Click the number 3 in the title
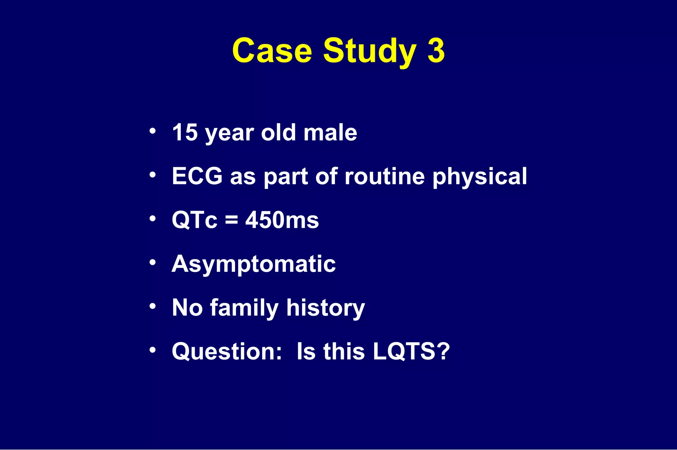pyautogui.click(x=436, y=50)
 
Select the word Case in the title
pyautogui.click(x=272, y=51)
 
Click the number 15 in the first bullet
pyautogui.click(x=185, y=132)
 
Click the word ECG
pyautogui.click(x=197, y=176)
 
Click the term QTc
pyautogui.click(x=195, y=220)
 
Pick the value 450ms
pyautogui.click(x=282, y=220)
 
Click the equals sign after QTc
pyautogui.click(x=231, y=220)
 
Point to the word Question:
pyautogui.click(x=227, y=352)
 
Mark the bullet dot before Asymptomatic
pyautogui.click(x=152, y=262)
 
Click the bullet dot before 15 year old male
pyautogui.click(x=152, y=131)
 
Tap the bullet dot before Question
pyautogui.click(x=152, y=350)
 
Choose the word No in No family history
pyautogui.click(x=187, y=308)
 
